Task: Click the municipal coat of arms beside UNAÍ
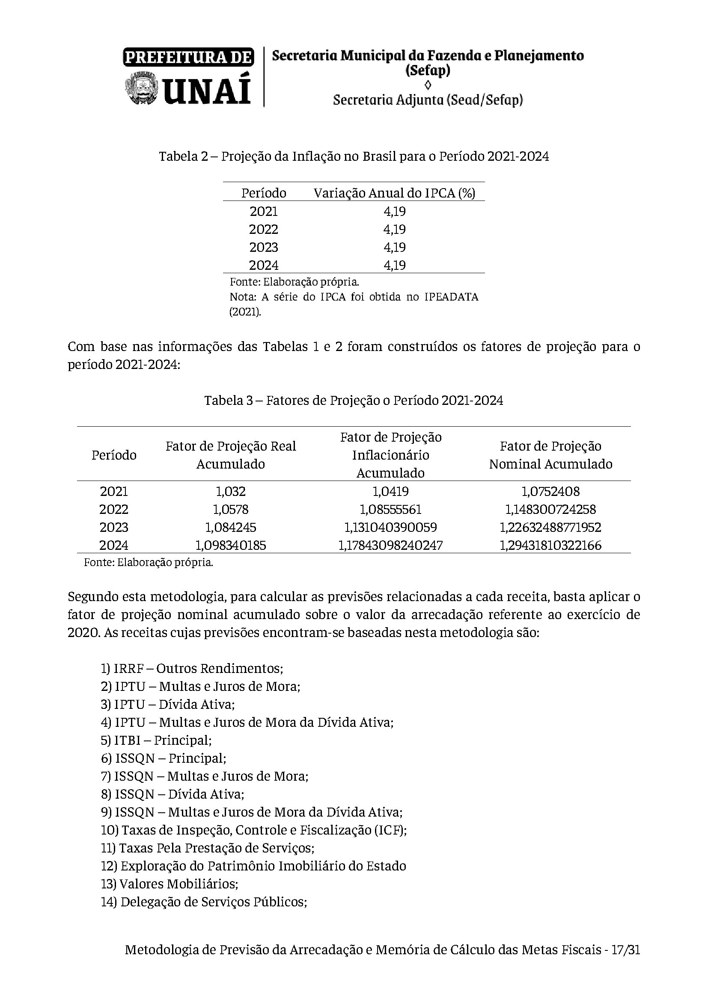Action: click(x=141, y=88)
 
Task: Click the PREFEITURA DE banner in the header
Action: click(x=188, y=57)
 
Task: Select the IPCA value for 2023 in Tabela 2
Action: click(x=395, y=248)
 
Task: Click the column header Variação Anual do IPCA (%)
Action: click(x=394, y=193)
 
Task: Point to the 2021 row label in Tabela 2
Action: click(x=263, y=211)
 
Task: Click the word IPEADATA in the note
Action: click(x=451, y=297)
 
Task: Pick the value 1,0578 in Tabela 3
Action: click(x=231, y=509)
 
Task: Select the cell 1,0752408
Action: click(x=550, y=491)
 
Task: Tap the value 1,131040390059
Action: click(x=391, y=527)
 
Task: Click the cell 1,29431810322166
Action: click(x=550, y=545)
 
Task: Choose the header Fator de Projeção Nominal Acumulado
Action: click(x=550, y=455)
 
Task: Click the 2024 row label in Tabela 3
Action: click(x=114, y=545)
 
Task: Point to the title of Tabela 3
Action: click(x=354, y=400)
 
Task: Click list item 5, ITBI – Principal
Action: click(x=156, y=740)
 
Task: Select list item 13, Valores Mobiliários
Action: click(x=170, y=884)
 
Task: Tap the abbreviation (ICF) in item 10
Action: click(x=390, y=830)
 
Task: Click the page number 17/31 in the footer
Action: click(x=626, y=962)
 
